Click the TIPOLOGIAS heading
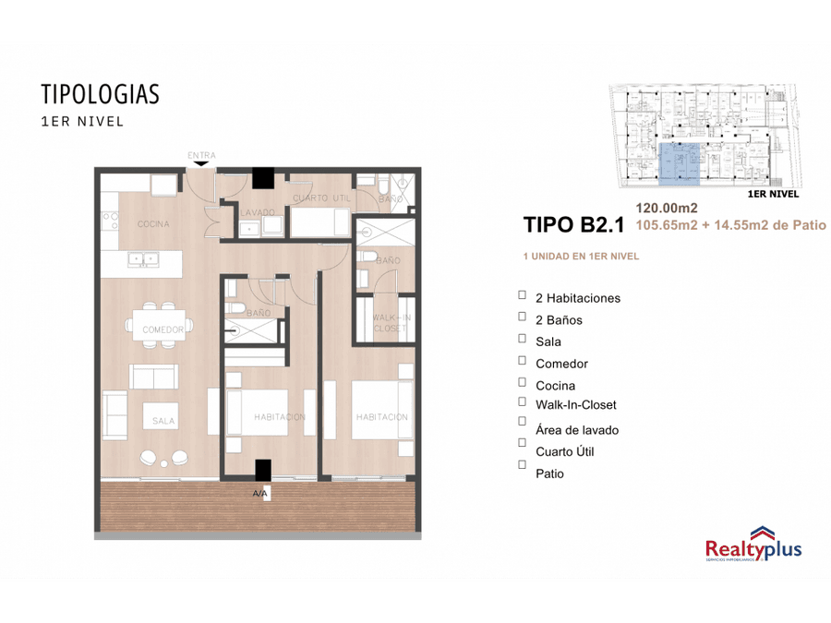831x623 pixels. click(100, 94)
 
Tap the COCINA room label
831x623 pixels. click(153, 224)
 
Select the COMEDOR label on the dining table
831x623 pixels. click(163, 329)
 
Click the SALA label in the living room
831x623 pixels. click(163, 421)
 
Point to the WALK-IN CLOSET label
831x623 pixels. click(390, 322)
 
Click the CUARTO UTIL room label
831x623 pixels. click(320, 198)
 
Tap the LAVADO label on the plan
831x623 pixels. click(258, 212)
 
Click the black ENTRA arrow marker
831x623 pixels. click(201, 164)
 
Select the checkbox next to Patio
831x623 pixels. click(522, 465)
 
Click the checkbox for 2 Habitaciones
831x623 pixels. click(522, 295)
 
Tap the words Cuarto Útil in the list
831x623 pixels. click(564, 451)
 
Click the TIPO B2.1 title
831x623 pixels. click(573, 223)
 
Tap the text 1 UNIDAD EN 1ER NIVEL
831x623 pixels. click(581, 256)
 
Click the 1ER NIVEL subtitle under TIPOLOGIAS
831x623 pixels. click(82, 121)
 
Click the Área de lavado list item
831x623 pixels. click(576, 430)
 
